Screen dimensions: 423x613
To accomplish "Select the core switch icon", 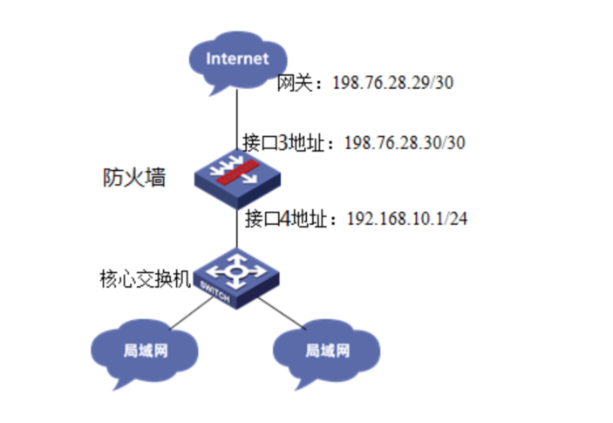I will click(235, 276).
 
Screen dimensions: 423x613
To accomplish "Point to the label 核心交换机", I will click(140, 280).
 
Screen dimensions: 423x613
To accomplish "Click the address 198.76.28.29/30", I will click(394, 84).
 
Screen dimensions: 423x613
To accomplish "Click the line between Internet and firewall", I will click(236, 122).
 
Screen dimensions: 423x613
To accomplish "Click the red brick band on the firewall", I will click(236, 173).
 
